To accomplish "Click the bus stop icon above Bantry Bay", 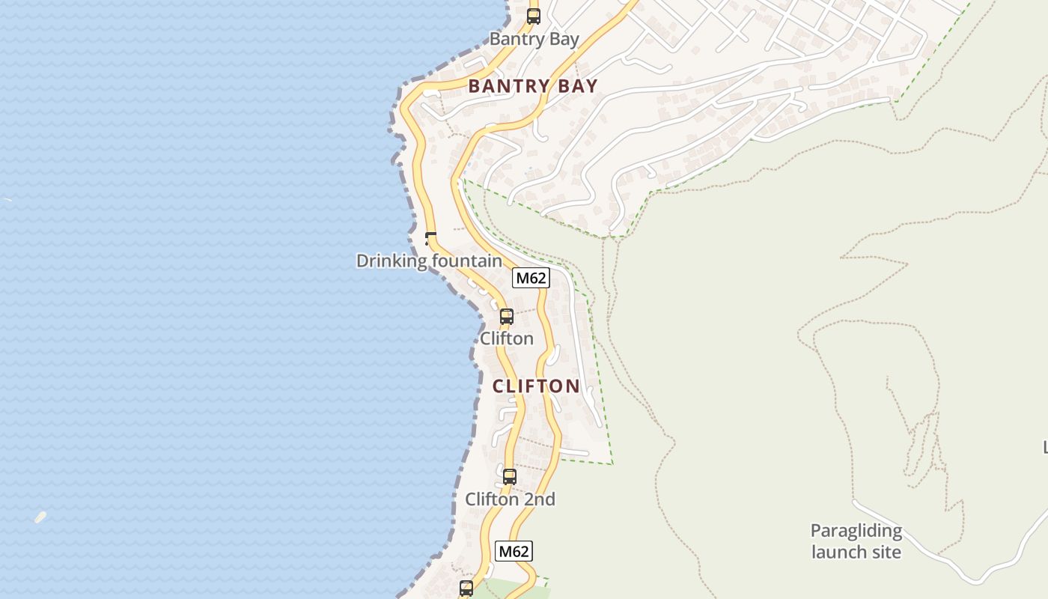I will [x=534, y=16].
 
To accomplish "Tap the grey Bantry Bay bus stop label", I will [x=534, y=39].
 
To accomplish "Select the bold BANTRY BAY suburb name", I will [x=533, y=86].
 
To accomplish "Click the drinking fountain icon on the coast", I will [x=430, y=239].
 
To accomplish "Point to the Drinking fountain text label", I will [x=429, y=261].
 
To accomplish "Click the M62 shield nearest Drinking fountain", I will [x=531, y=278].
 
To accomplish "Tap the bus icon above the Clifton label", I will [x=507, y=317].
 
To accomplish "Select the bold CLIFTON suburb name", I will [x=536, y=386].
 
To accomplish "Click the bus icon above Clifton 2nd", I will [x=510, y=476].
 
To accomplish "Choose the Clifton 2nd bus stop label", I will [x=510, y=499].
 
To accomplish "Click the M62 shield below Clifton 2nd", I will [x=514, y=552].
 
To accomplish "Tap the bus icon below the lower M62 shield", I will [x=466, y=588].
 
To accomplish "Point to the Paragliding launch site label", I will [x=856, y=541].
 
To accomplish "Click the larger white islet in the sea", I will [x=40, y=517].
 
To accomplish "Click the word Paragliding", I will [x=856, y=531].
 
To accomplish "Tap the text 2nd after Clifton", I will [x=540, y=499].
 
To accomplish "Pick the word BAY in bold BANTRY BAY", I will [x=578, y=86].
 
